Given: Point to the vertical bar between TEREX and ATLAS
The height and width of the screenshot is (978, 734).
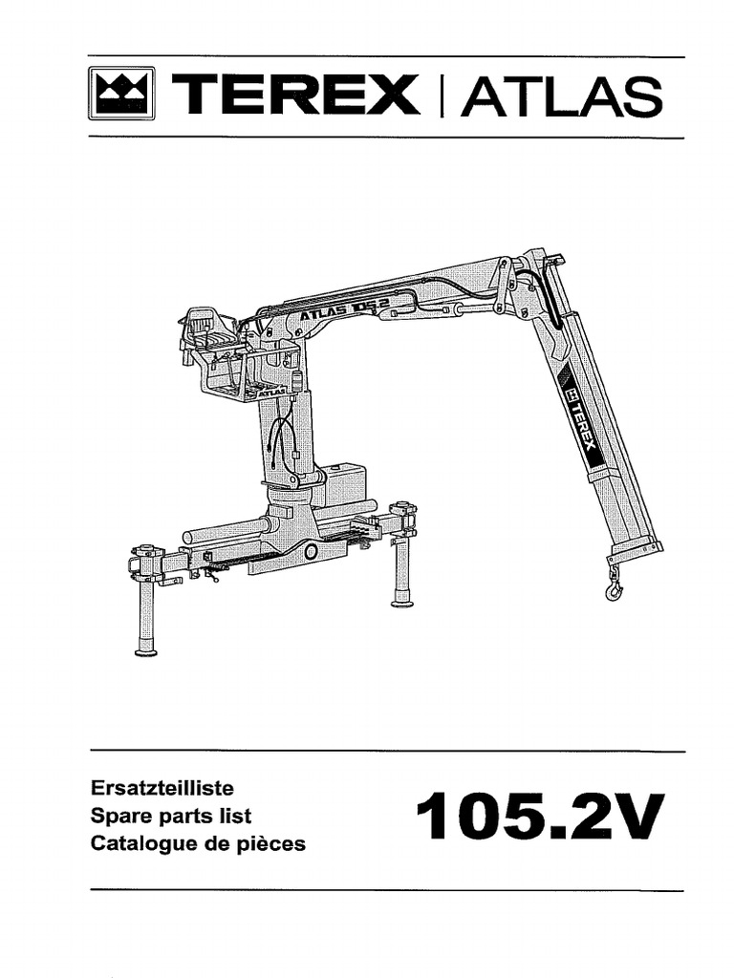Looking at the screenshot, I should point(441,97).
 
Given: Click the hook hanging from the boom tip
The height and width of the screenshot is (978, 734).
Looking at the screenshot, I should point(614,585).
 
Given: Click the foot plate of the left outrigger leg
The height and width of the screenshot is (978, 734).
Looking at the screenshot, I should point(146,651).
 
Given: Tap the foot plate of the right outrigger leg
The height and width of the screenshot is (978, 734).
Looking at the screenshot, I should point(402,602).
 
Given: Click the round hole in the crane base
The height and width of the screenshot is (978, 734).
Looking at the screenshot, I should point(311,552).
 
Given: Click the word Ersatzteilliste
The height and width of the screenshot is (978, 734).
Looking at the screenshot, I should point(162,790).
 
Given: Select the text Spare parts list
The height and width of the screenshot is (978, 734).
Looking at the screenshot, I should point(170,817).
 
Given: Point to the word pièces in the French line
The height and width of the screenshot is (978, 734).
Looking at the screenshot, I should point(270,844).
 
